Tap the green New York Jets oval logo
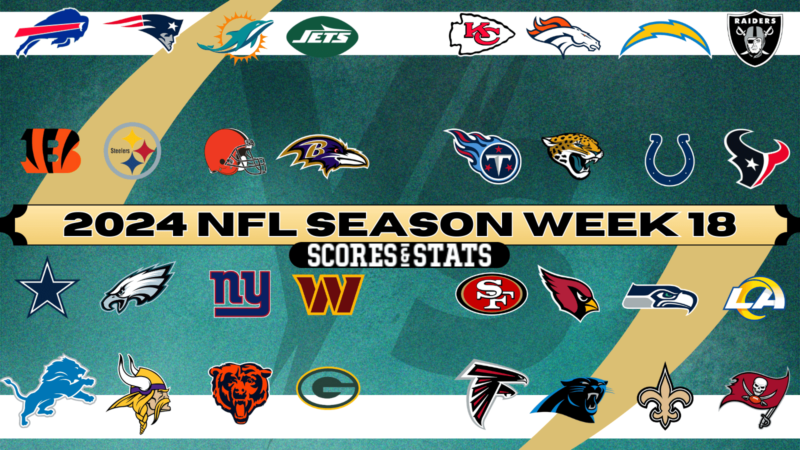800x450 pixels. pyautogui.click(x=322, y=36)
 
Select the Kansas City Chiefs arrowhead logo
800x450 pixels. pyautogui.click(x=481, y=34)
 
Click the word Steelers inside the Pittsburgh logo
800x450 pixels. pyautogui.click(x=120, y=150)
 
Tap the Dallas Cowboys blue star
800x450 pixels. pyautogui.click(x=47, y=289)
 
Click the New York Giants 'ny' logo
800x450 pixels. pyautogui.click(x=240, y=293)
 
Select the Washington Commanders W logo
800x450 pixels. pyautogui.click(x=328, y=294)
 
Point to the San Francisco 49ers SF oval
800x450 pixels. pyautogui.click(x=491, y=294)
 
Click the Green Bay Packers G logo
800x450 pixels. pyautogui.click(x=328, y=388)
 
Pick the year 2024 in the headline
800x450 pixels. pyautogui.click(x=125, y=224)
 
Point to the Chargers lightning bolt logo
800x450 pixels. pyautogui.click(x=665, y=40)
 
